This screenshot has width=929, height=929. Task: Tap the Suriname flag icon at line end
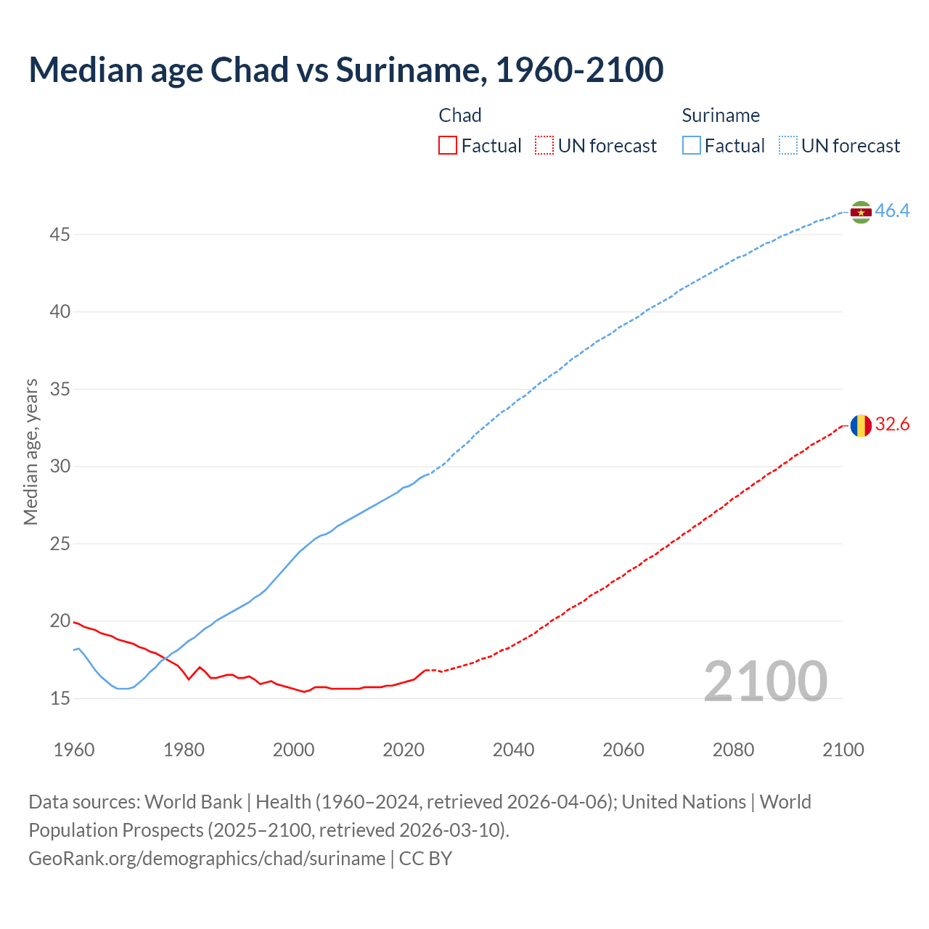pyautogui.click(x=861, y=212)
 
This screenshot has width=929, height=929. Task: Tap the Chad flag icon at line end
pyautogui.click(x=861, y=425)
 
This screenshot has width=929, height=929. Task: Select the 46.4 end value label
pyautogui.click(x=892, y=211)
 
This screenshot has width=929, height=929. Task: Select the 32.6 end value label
pyautogui.click(x=892, y=425)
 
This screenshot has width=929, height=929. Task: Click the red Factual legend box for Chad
pyautogui.click(x=448, y=146)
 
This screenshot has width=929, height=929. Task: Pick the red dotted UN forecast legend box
pyautogui.click(x=544, y=146)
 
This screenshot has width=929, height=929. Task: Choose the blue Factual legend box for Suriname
pyautogui.click(x=692, y=146)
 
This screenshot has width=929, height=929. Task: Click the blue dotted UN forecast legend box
pyautogui.click(x=788, y=146)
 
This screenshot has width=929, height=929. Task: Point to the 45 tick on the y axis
pyautogui.click(x=60, y=234)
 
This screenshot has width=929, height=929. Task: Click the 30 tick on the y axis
pyautogui.click(x=60, y=466)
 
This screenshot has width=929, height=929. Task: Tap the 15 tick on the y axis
pyautogui.click(x=60, y=698)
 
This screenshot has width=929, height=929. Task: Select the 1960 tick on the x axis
pyautogui.click(x=74, y=750)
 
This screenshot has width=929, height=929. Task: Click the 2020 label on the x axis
pyautogui.click(x=404, y=750)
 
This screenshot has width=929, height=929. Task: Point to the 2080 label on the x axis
pyautogui.click(x=733, y=750)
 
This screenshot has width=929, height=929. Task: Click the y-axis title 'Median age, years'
pyautogui.click(x=30, y=451)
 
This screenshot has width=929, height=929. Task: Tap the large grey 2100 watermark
pyautogui.click(x=766, y=682)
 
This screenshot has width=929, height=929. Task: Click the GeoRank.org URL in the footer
pyautogui.click(x=207, y=859)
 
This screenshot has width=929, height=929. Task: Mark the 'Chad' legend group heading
pyautogui.click(x=460, y=115)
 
